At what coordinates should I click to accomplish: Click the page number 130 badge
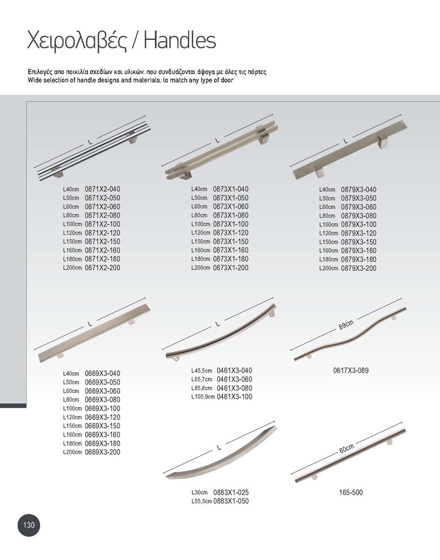tap(29, 525)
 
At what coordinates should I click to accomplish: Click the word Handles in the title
tap(180, 41)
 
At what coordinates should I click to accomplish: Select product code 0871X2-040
tap(102, 189)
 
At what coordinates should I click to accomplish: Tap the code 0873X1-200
tap(231, 268)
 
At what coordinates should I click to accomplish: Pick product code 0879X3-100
tap(359, 224)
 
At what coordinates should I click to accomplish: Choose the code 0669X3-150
tap(102, 426)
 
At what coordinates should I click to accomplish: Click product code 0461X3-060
tap(234, 379)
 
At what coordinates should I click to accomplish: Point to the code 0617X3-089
tap(350, 370)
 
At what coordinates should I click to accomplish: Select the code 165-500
tap(350, 492)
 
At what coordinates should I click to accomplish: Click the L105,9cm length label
tap(203, 397)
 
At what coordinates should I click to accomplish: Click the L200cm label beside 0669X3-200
tap(72, 452)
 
